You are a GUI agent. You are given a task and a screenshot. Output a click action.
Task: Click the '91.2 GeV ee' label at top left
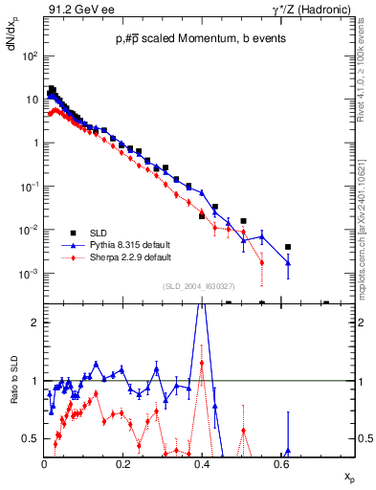pos(77,11)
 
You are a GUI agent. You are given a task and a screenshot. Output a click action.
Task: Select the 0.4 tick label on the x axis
pos(201,464)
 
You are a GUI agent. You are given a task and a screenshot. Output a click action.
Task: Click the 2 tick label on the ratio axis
pos(34,323)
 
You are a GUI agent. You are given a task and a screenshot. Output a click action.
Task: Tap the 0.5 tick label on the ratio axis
pos(31,438)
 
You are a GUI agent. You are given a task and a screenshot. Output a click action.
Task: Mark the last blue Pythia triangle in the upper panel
pos(288,262)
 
